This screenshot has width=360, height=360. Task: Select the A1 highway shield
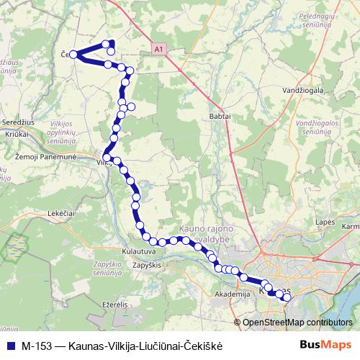tap(158, 49)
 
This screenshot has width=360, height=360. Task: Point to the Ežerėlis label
tap(114, 305)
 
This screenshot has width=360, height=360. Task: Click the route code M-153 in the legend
tap(37, 345)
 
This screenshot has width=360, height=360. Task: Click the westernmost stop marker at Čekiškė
tap(73, 54)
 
